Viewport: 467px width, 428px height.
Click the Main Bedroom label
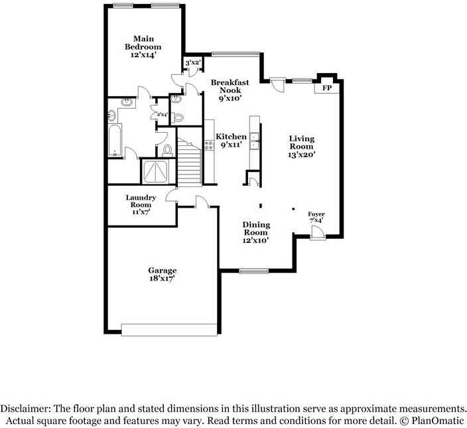coord(143,42)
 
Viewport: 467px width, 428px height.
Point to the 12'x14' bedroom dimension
coord(143,56)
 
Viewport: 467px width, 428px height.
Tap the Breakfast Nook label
coord(230,86)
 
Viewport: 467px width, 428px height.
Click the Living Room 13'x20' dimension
coord(301,154)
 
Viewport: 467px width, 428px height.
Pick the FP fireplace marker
coord(326,88)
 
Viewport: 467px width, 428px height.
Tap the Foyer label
coord(316,214)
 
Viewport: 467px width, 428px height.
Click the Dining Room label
coord(255,228)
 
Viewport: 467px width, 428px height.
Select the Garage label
coord(162,270)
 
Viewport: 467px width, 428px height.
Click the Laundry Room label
coord(141,201)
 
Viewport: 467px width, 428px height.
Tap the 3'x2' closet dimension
coord(192,63)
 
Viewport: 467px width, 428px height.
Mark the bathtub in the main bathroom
coord(115,136)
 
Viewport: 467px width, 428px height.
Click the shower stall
coord(157,171)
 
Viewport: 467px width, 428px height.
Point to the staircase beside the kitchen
coord(191,163)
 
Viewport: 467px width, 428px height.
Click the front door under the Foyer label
coord(318,232)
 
